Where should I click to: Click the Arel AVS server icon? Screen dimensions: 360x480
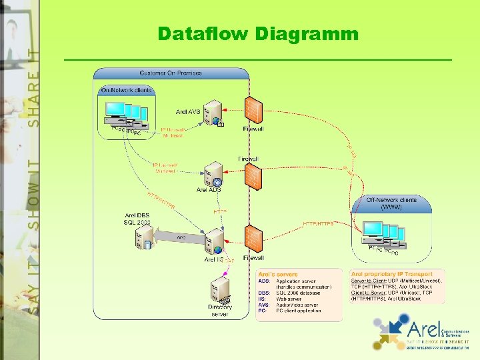pyautogui.click(x=214, y=113)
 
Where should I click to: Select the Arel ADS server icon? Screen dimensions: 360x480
pyautogui.click(x=214, y=173)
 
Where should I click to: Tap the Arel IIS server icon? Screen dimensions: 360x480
pyautogui.click(x=214, y=241)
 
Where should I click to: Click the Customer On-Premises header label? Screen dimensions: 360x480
pyautogui.click(x=171, y=73)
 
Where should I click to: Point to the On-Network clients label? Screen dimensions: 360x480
pyautogui.click(x=126, y=90)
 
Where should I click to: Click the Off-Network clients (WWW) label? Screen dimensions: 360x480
pyautogui.click(x=391, y=203)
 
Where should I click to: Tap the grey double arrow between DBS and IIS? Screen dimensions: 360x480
pyautogui.click(x=179, y=237)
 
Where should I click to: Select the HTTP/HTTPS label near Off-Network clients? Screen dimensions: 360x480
pyautogui.click(x=318, y=223)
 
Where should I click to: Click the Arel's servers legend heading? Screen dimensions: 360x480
pyautogui.click(x=279, y=274)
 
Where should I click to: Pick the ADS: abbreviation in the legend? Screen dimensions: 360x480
pyautogui.click(x=264, y=281)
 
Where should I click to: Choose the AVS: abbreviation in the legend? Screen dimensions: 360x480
pyautogui.click(x=264, y=305)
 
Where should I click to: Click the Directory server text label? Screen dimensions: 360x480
pyautogui.click(x=219, y=310)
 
